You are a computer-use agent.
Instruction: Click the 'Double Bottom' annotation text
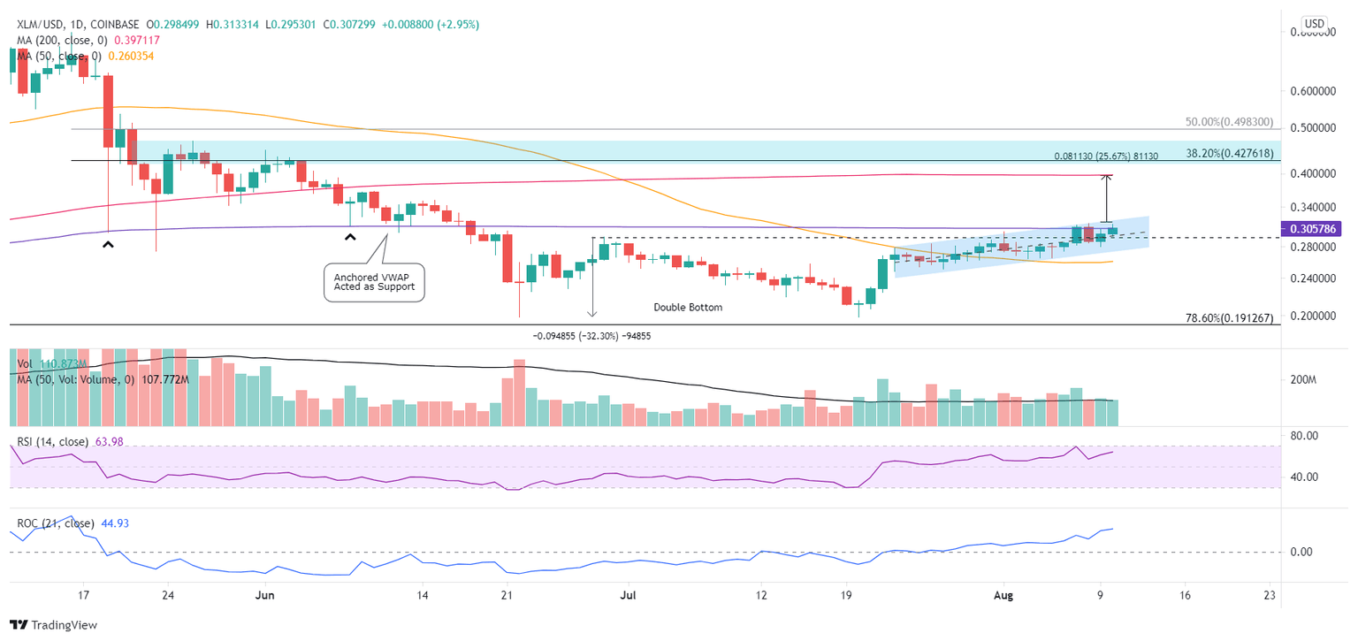[x=688, y=307]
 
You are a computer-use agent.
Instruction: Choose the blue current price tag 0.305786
[x=1316, y=227]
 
